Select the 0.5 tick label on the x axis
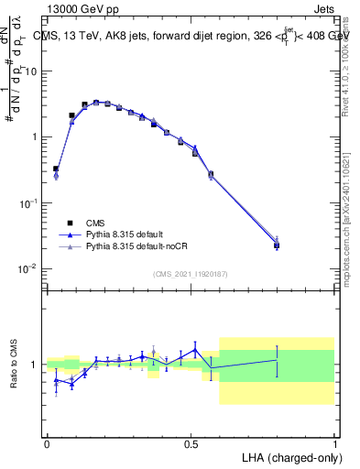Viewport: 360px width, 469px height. (x=191, y=442)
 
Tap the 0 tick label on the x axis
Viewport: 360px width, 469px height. (x=47, y=442)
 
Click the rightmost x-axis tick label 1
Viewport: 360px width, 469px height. (x=334, y=442)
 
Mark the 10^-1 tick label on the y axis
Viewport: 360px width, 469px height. (x=30, y=202)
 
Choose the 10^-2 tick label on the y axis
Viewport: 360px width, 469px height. (x=30, y=268)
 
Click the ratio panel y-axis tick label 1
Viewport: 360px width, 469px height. (x=37, y=365)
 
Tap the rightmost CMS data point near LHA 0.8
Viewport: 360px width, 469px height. (x=277, y=245)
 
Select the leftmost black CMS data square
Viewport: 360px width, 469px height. (x=56, y=169)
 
